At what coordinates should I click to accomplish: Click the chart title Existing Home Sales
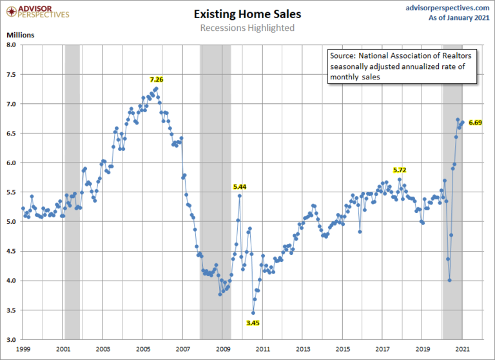(x=247, y=13)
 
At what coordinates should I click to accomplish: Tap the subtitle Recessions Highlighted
(x=247, y=28)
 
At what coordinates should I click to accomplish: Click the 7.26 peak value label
(x=157, y=79)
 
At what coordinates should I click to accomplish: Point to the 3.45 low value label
(x=253, y=323)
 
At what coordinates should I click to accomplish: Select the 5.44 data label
(x=240, y=186)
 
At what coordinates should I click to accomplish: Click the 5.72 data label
(x=400, y=170)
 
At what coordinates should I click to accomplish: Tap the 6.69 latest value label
(x=476, y=122)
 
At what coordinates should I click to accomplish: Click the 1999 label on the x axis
(x=23, y=348)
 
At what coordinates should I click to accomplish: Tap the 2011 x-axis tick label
(x=263, y=348)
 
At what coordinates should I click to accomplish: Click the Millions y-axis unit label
(x=21, y=34)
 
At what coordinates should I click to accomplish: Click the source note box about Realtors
(x=401, y=66)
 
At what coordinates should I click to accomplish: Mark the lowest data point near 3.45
(x=253, y=313)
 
